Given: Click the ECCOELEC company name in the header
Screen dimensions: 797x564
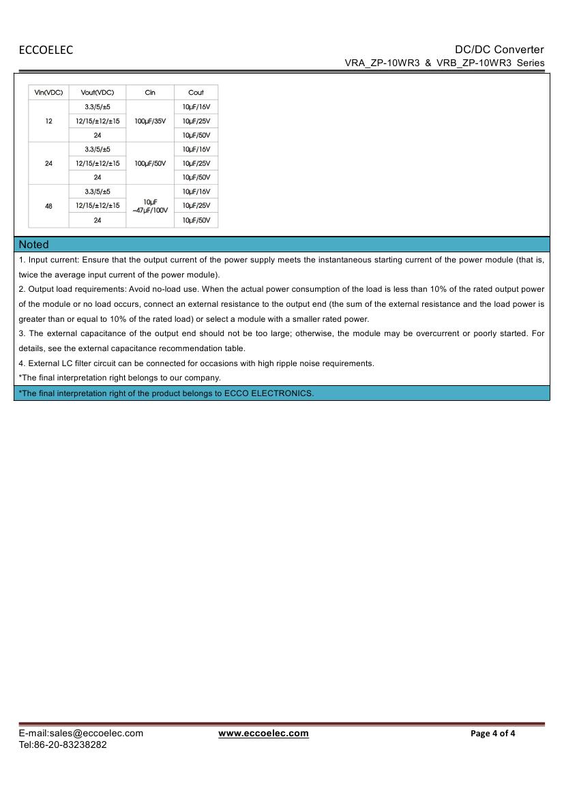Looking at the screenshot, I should (x=46, y=50).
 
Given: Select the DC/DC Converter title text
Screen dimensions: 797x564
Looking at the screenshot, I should (x=499, y=49).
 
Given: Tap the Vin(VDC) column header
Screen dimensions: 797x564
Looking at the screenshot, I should (x=48, y=93).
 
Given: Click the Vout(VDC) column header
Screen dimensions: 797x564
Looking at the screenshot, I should (x=98, y=93).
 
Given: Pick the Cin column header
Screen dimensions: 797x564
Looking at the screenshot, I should (x=150, y=93).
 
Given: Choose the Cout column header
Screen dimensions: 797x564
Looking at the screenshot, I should (x=196, y=93).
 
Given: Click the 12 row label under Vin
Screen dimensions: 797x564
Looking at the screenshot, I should (x=48, y=121).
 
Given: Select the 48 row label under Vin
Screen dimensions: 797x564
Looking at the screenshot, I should (x=48, y=206).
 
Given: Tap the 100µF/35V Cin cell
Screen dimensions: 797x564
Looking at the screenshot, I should (x=150, y=121).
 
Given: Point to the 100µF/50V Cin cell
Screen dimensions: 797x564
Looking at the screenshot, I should (x=150, y=164).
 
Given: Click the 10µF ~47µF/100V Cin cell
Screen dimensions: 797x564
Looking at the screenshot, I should (x=150, y=206).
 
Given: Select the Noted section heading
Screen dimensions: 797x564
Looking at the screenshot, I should (x=34, y=244).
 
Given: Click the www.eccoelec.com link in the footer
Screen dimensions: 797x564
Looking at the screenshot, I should (x=263, y=734).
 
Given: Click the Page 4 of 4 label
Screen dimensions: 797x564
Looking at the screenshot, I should (x=493, y=734).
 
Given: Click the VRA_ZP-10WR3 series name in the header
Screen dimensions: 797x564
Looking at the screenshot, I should (x=383, y=63).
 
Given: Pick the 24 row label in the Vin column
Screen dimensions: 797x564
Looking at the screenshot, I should (x=48, y=164).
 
